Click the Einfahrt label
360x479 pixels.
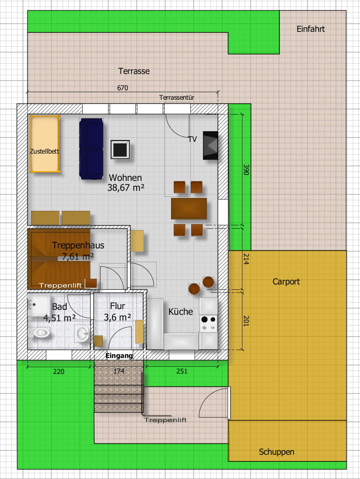(310, 29)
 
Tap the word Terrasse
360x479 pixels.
(134, 71)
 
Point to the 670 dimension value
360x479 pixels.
(123, 88)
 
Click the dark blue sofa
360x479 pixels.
(91, 149)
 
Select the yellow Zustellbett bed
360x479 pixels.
(45, 144)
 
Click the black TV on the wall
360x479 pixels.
(210, 145)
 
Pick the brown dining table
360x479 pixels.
(189, 209)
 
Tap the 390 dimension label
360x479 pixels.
(246, 170)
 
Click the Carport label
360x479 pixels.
(286, 282)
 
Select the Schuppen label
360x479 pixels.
(277, 452)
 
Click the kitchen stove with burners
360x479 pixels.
(208, 324)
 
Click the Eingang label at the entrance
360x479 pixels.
(119, 356)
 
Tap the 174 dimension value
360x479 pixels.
(119, 371)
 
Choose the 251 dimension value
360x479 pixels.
(182, 371)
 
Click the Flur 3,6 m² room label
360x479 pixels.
(117, 312)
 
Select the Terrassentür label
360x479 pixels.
(176, 97)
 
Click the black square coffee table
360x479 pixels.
(120, 149)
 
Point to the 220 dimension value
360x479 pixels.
(59, 371)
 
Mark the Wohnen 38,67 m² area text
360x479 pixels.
(126, 183)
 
